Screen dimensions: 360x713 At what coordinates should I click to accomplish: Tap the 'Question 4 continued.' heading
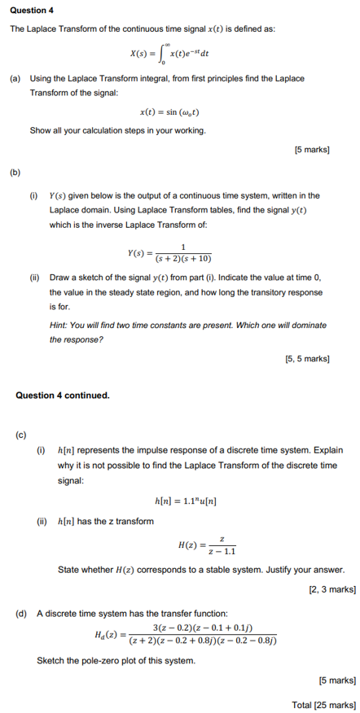pyautogui.click(x=63, y=395)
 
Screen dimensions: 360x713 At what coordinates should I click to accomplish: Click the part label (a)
pyautogui.click(x=15, y=78)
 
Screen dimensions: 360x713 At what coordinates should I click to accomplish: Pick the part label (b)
pyautogui.click(x=15, y=172)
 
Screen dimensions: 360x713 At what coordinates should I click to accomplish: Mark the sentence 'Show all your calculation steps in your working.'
pyautogui.click(x=117, y=130)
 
